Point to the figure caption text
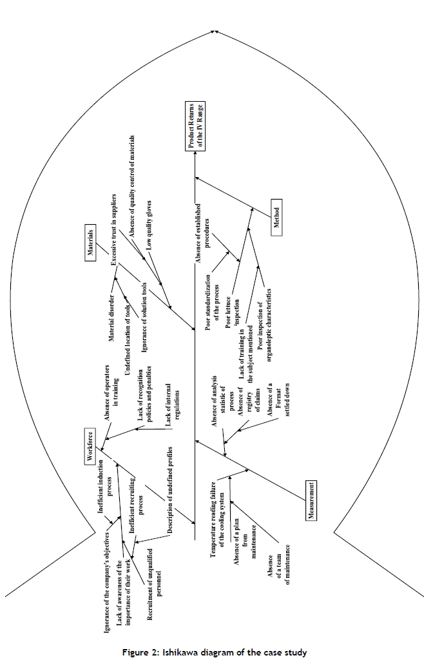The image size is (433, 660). coord(216,652)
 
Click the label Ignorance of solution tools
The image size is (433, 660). coord(145,316)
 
